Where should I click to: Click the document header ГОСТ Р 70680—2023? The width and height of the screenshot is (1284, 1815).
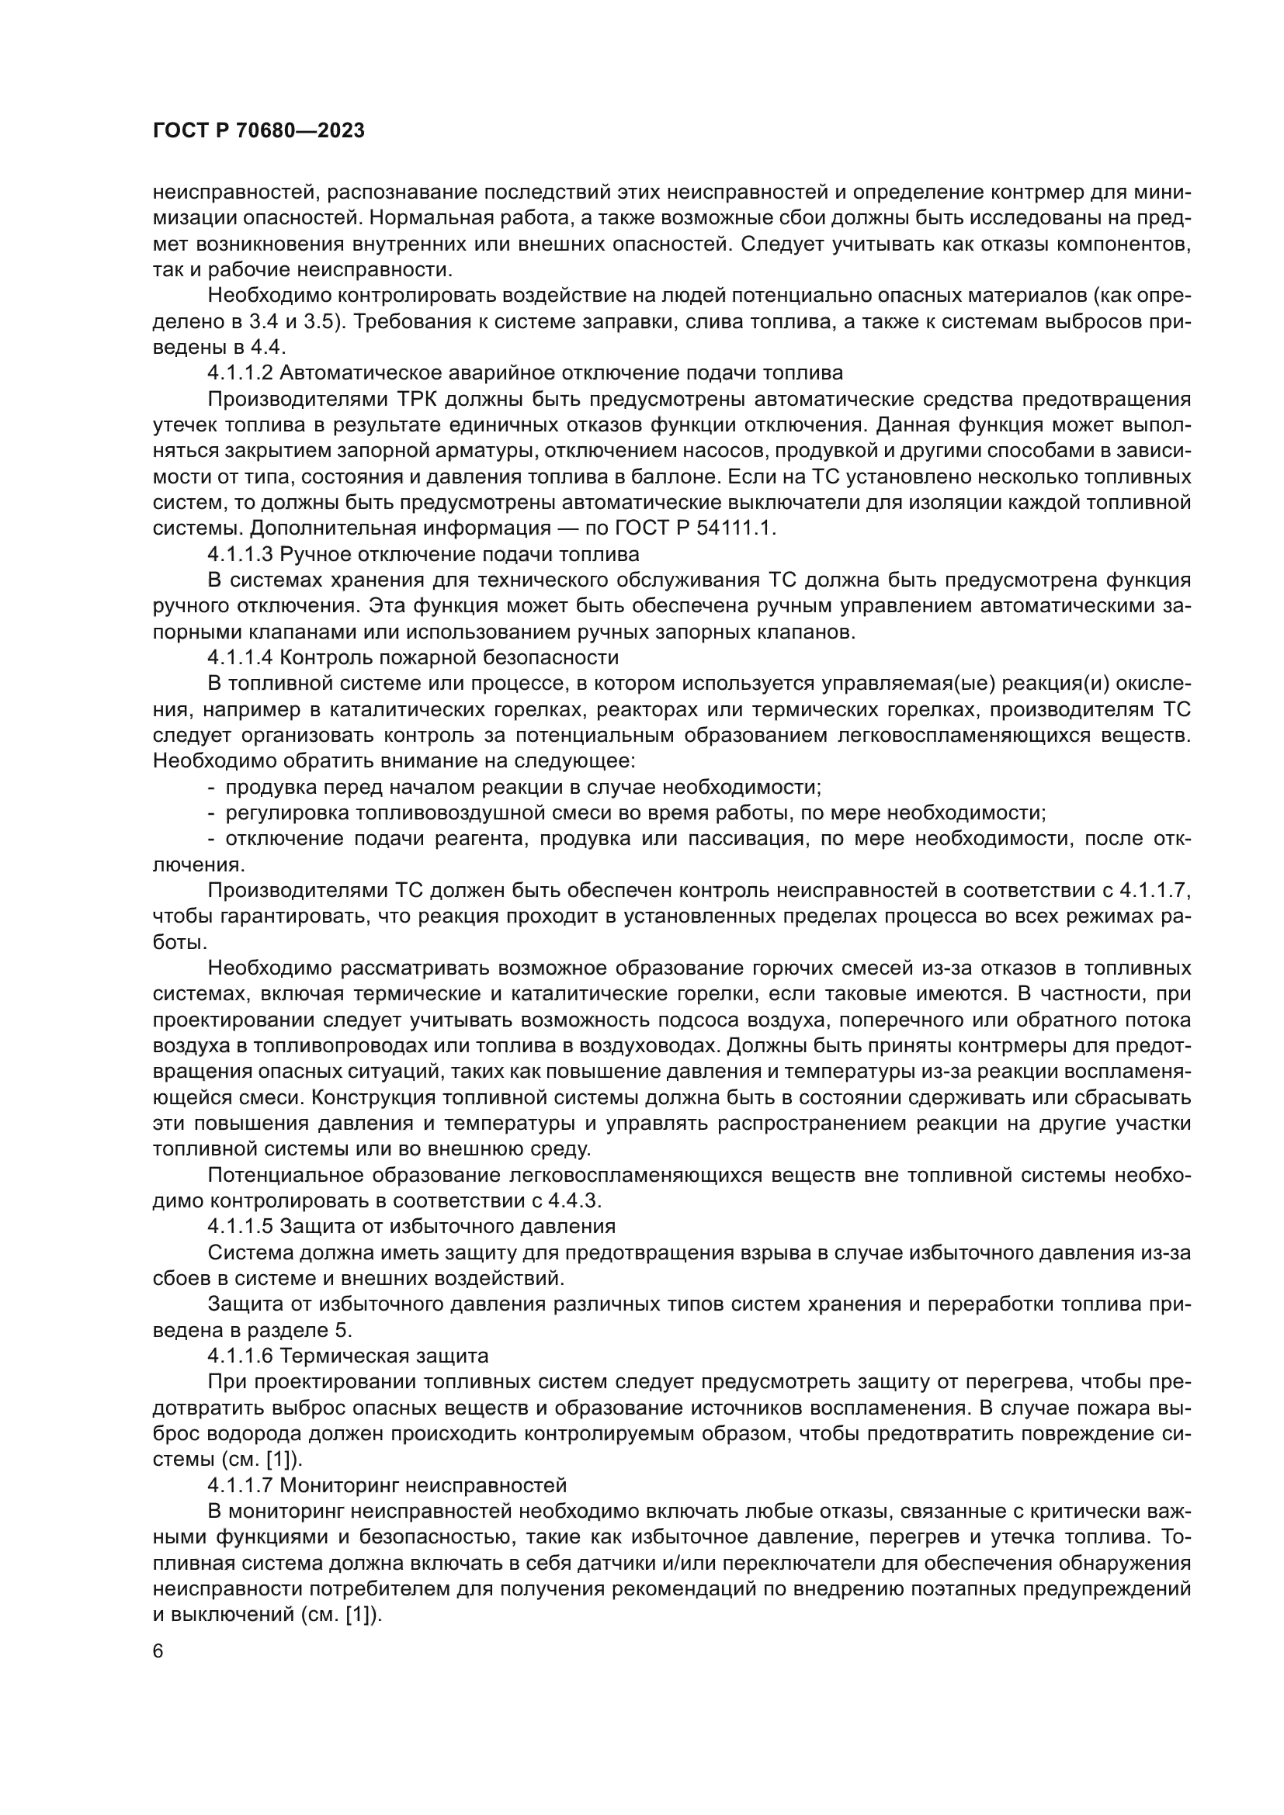(259, 131)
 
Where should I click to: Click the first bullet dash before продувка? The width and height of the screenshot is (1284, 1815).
(211, 788)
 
